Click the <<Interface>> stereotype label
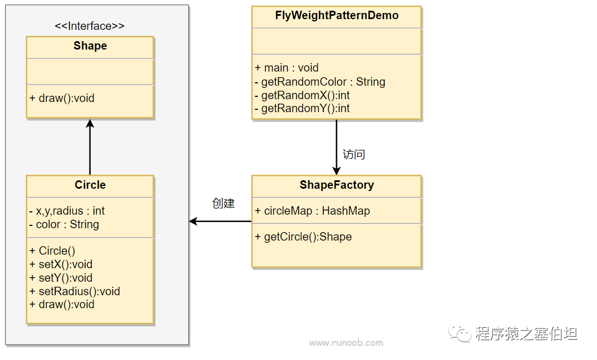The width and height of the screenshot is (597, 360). (90, 26)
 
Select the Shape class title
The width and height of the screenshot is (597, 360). (90, 46)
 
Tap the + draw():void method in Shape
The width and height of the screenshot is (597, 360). (62, 98)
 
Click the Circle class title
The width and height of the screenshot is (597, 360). (90, 185)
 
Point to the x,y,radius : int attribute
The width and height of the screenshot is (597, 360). (67, 211)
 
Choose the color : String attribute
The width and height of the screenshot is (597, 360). (64, 224)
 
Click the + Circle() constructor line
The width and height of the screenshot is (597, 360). (52, 251)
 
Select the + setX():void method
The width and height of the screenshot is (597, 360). (61, 264)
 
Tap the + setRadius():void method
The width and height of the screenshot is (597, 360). (75, 291)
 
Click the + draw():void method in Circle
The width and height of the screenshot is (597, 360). (62, 304)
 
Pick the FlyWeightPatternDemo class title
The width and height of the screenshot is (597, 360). (337, 16)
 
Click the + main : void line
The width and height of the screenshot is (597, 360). (287, 68)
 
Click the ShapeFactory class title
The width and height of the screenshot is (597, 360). (337, 185)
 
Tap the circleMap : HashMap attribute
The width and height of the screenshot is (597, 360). (313, 211)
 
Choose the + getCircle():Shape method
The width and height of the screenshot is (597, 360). (304, 237)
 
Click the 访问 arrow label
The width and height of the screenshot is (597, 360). (354, 154)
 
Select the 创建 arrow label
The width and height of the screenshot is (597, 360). (223, 203)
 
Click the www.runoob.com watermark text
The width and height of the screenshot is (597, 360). (346, 343)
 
